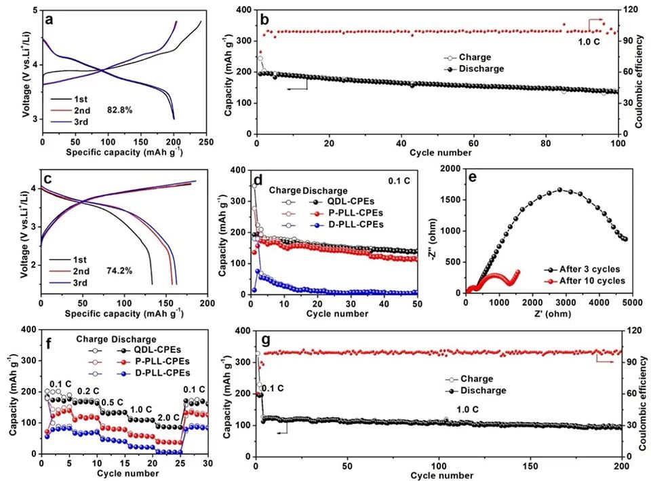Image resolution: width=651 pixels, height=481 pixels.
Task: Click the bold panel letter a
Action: (x=50, y=19)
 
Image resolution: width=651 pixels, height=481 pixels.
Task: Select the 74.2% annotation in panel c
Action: (x=118, y=269)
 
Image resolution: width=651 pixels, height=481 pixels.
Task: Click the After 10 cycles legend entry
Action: (x=585, y=281)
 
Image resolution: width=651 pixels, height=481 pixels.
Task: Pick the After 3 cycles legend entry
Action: (x=583, y=269)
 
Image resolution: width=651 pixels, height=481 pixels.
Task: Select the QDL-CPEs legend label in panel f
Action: (x=157, y=350)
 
